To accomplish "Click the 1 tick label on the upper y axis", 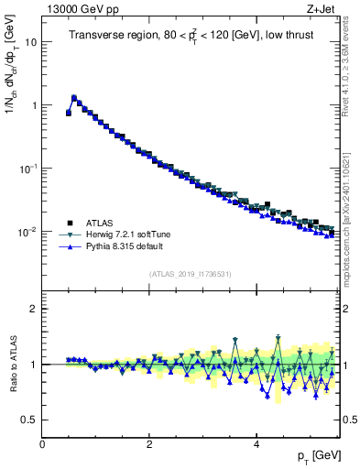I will [35, 105].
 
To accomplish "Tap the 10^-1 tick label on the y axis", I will [29, 169].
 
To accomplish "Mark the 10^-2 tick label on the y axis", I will [29, 232].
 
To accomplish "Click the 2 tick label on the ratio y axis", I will [35, 309].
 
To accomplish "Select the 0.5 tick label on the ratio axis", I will [30, 420].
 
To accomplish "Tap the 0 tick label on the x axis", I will [42, 443].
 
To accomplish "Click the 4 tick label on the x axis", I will [256, 443].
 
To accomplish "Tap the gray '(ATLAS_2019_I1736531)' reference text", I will [191, 274].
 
